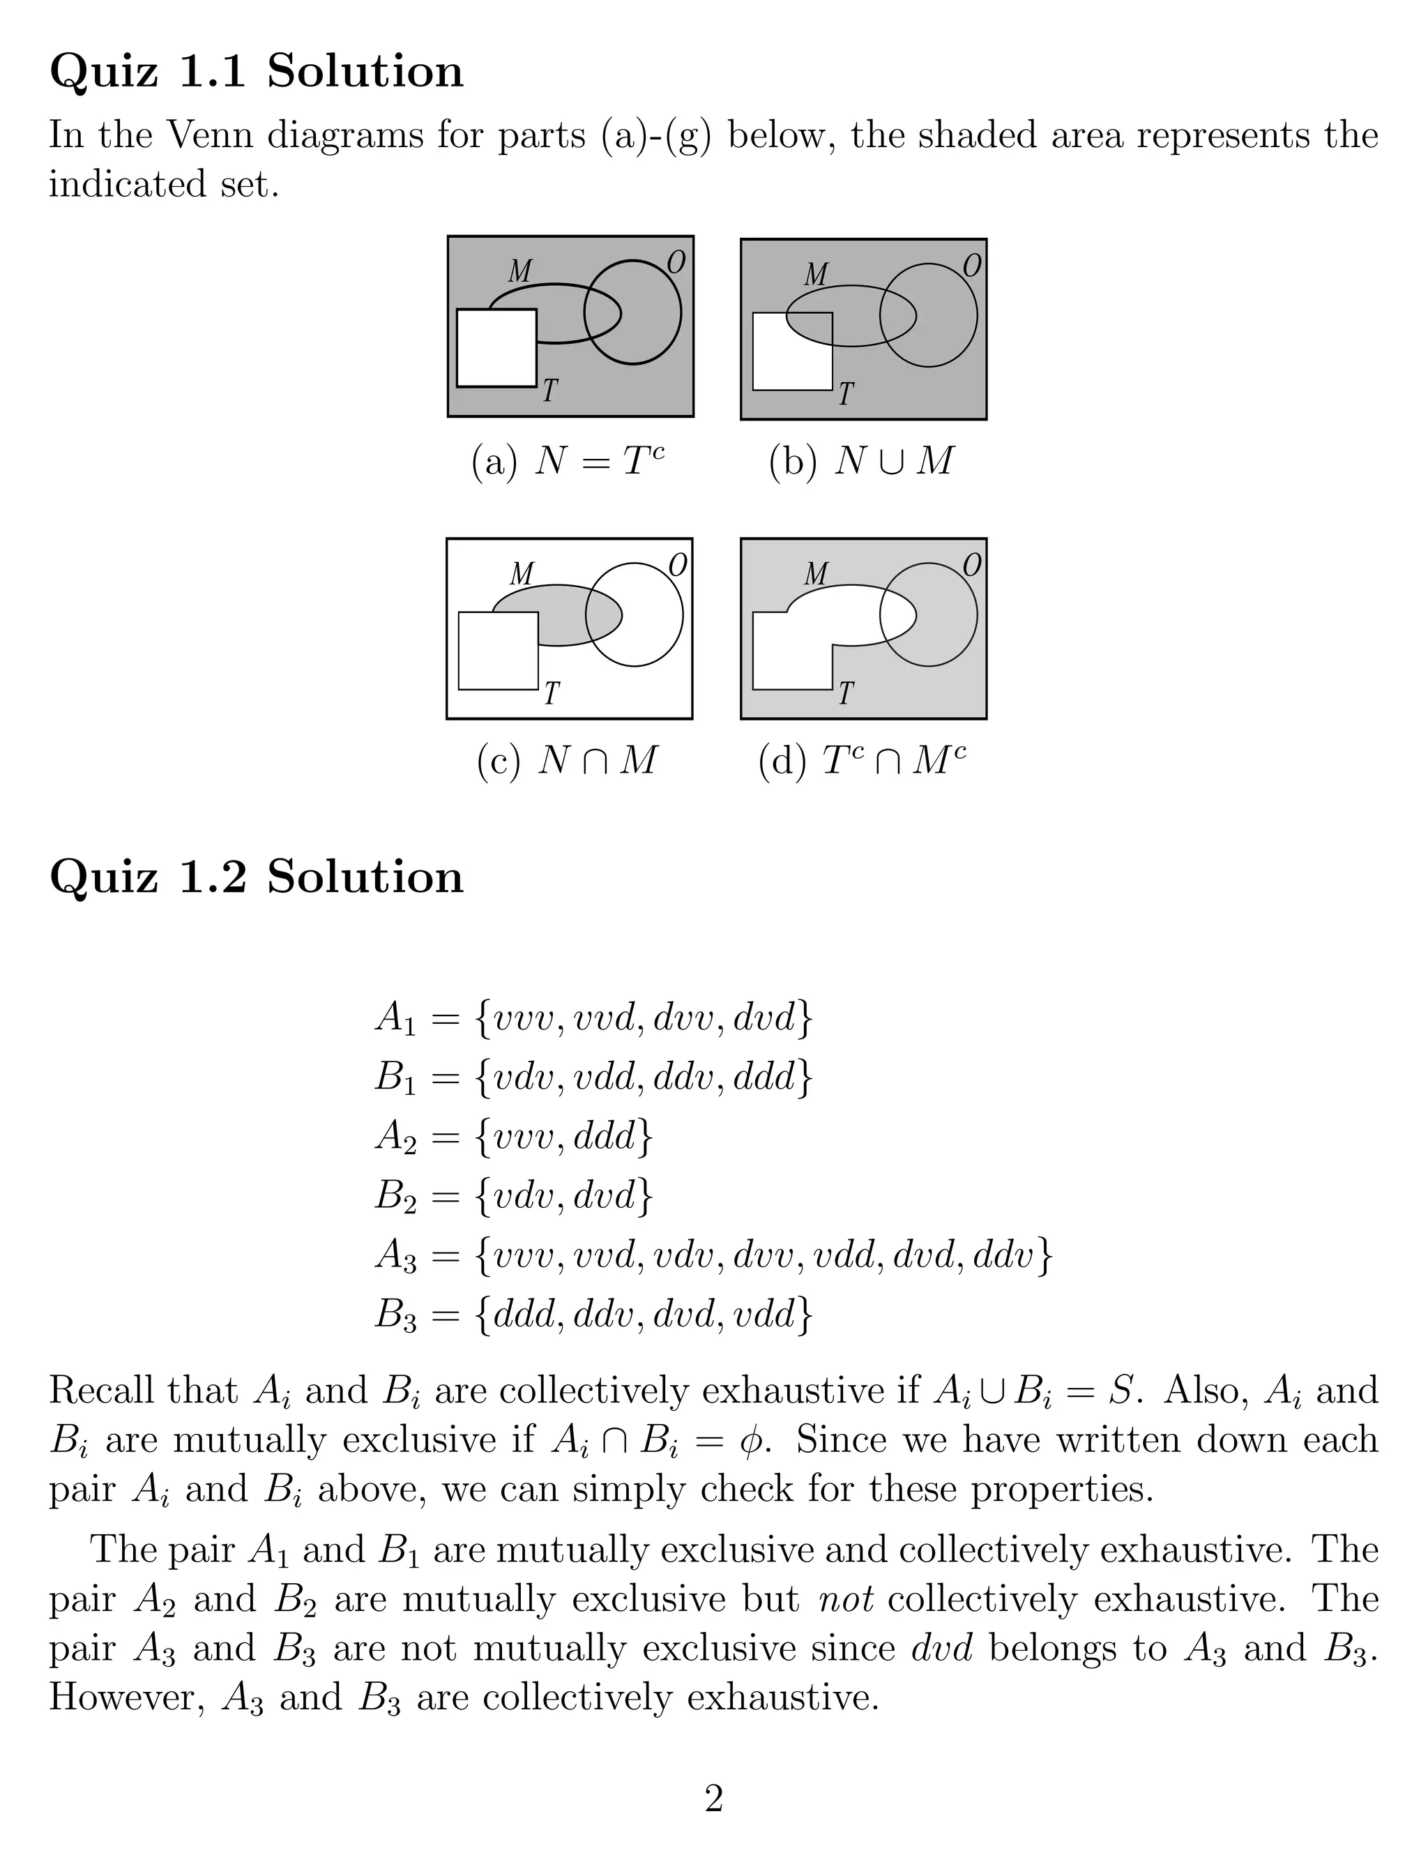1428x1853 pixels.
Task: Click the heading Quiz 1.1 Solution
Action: click(x=256, y=71)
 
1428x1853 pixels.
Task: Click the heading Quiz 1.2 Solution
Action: click(x=256, y=877)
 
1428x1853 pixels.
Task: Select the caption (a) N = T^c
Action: click(x=568, y=461)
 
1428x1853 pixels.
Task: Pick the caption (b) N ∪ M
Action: click(x=861, y=461)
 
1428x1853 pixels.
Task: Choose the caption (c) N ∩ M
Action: click(x=567, y=760)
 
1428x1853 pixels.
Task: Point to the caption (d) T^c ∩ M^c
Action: click(x=861, y=760)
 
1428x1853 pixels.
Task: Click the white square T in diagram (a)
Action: click(x=496, y=348)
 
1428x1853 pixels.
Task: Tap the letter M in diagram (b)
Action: click(x=815, y=274)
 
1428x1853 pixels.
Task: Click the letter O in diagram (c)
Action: click(x=677, y=564)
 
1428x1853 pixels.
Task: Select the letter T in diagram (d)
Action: click(x=845, y=694)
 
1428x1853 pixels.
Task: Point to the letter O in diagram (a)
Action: click(x=676, y=263)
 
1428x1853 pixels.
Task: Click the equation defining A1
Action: click(x=593, y=1018)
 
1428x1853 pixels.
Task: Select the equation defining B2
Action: click(x=513, y=1196)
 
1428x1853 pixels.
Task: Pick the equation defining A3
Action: click(x=713, y=1256)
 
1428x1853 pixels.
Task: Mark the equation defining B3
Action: click(x=593, y=1315)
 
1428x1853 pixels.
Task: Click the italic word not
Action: click(x=845, y=1600)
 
